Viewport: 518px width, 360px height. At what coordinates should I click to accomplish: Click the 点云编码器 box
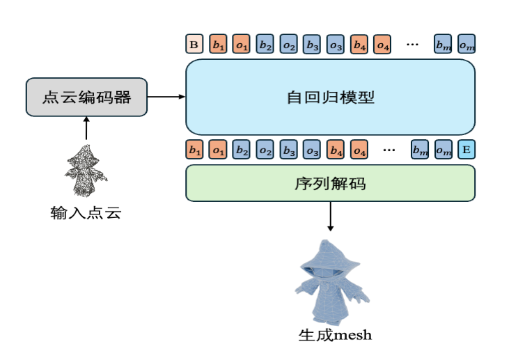pyautogui.click(x=87, y=97)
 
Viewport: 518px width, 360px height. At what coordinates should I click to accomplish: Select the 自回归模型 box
pyautogui.click(x=330, y=97)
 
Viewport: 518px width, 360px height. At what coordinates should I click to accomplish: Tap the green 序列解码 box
pyautogui.click(x=330, y=183)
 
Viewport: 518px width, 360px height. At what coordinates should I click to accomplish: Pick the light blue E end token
pyautogui.click(x=466, y=149)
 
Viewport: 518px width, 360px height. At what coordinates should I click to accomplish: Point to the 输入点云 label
pyautogui.click(x=86, y=213)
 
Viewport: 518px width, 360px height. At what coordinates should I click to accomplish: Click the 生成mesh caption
pyautogui.click(x=335, y=335)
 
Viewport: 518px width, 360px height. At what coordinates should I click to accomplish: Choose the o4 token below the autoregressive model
pyautogui.click(x=360, y=149)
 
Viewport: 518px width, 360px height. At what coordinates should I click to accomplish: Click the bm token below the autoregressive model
pyautogui.click(x=419, y=149)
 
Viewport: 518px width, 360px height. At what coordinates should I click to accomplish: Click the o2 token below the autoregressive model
pyautogui.click(x=265, y=149)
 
